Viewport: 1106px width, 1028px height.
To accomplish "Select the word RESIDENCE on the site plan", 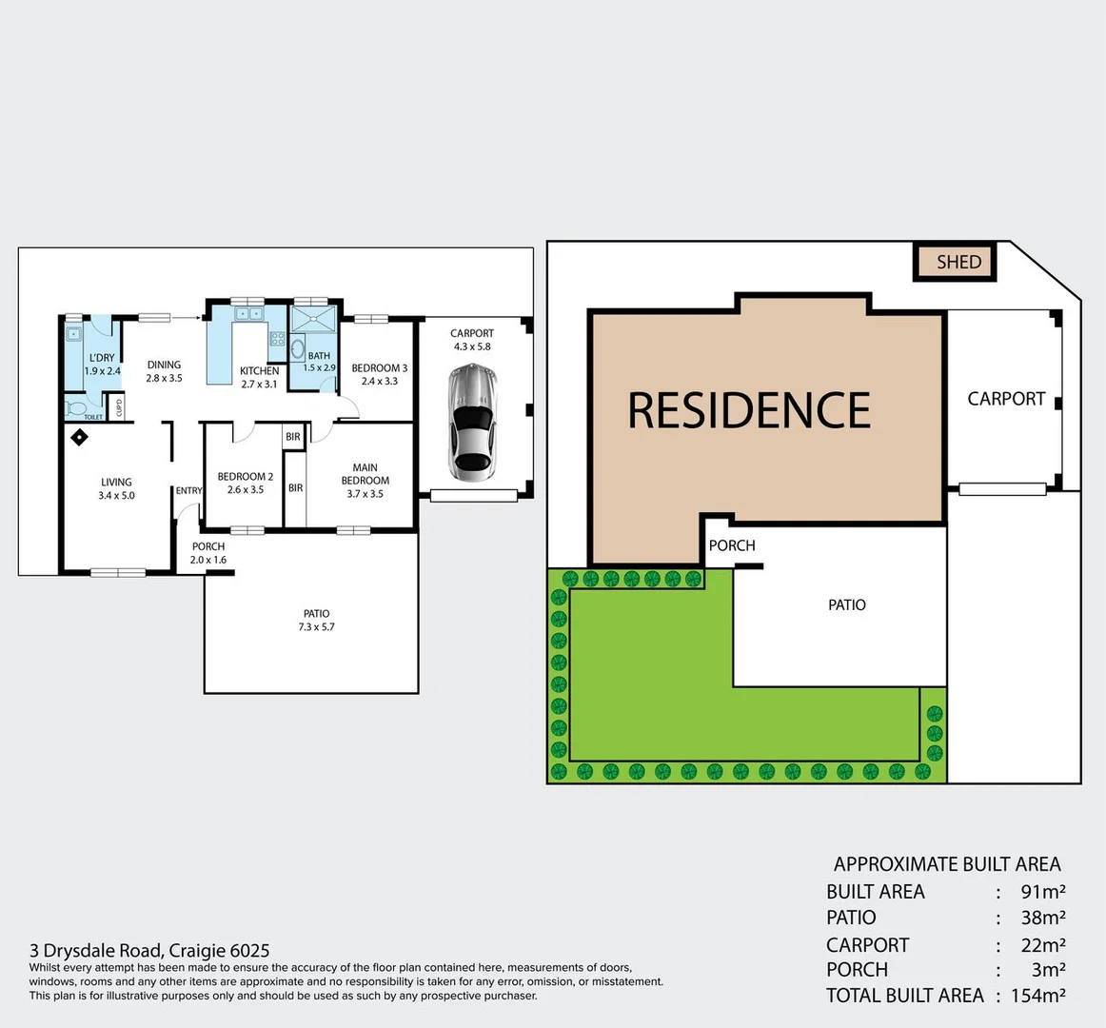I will [x=749, y=411].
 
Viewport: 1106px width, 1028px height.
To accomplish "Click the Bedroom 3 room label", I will [x=379, y=368].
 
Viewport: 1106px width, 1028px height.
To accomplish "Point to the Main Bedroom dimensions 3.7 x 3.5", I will [x=365, y=494].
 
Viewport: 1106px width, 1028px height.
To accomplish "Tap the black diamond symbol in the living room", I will [x=80, y=437].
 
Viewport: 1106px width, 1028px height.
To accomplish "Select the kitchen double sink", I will [x=248, y=313].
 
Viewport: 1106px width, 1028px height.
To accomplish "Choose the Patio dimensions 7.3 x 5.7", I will [x=316, y=627].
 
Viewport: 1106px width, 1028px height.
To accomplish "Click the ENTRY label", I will [x=188, y=491].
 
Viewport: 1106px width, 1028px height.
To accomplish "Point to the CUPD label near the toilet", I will [x=119, y=407].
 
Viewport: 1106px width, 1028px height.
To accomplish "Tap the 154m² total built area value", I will [x=1038, y=996].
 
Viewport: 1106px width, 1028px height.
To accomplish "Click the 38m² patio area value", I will [x=1042, y=918].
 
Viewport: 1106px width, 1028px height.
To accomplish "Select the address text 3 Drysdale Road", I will [x=96, y=950].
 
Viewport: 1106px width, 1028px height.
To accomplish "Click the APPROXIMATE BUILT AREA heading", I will [x=946, y=864].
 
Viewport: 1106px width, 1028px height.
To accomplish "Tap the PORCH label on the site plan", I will [x=732, y=545].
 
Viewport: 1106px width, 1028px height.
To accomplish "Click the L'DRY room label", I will [x=102, y=358].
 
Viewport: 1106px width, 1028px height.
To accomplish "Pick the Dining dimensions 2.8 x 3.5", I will [x=164, y=378].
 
